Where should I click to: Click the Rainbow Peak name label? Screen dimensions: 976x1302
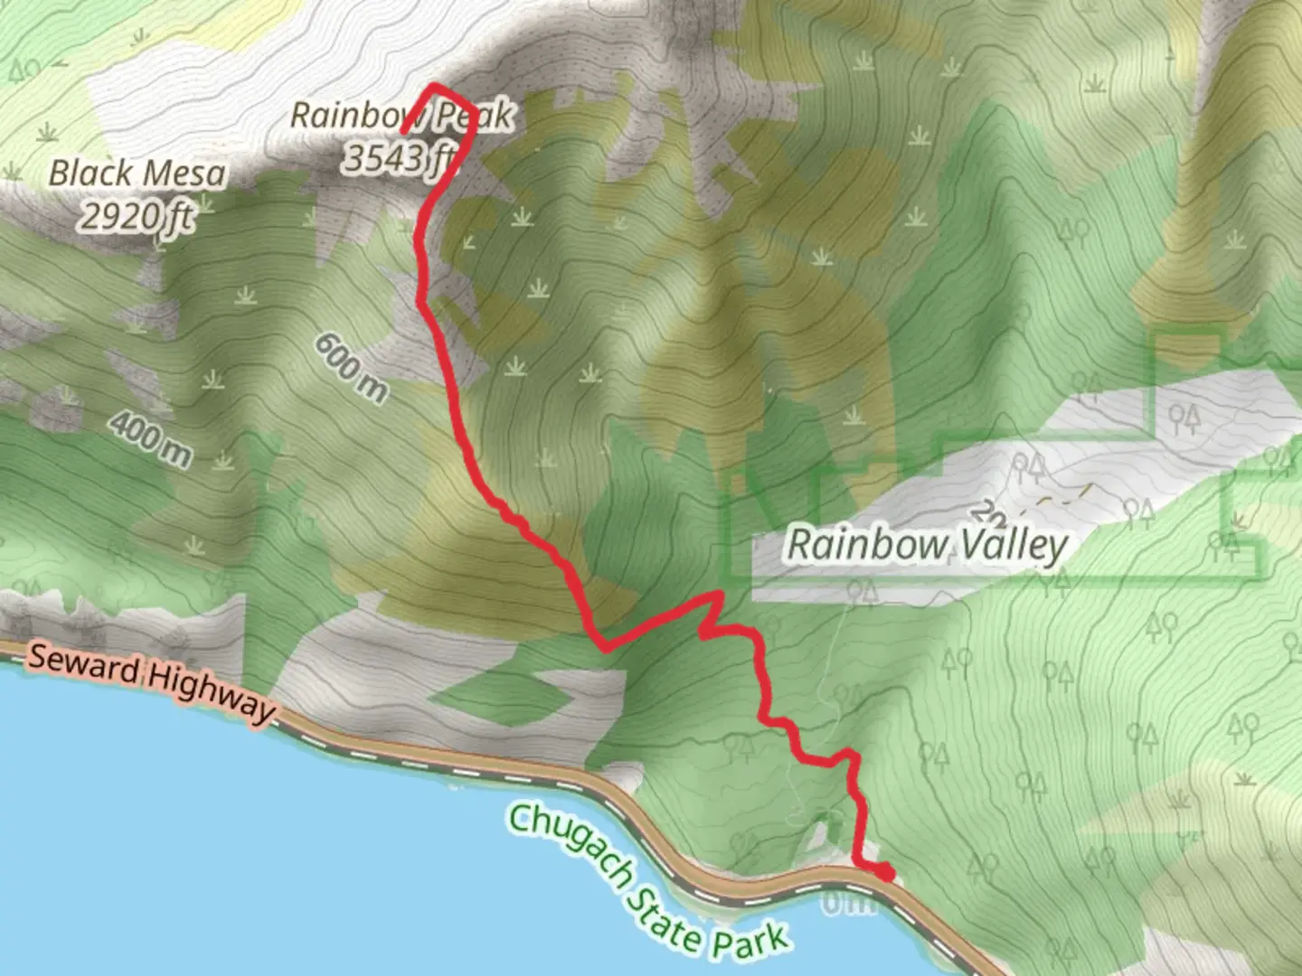pos(401,116)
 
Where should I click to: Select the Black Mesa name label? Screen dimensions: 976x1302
pos(137,173)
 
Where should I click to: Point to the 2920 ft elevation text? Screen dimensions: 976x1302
pos(137,215)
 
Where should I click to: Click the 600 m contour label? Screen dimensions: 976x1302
pos(352,368)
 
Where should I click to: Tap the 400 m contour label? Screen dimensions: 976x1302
pos(153,439)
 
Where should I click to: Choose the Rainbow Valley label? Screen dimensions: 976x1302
pos(927,545)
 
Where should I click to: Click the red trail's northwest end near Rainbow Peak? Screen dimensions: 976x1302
pos(405,131)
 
